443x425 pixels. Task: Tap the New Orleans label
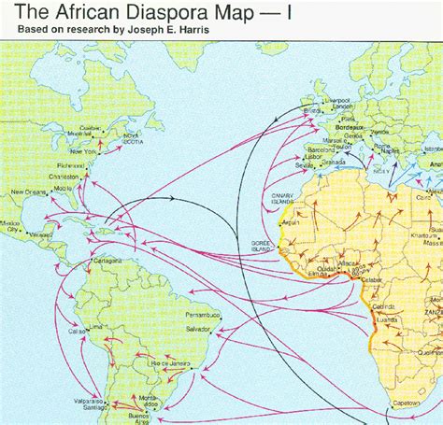pos(28,193)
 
